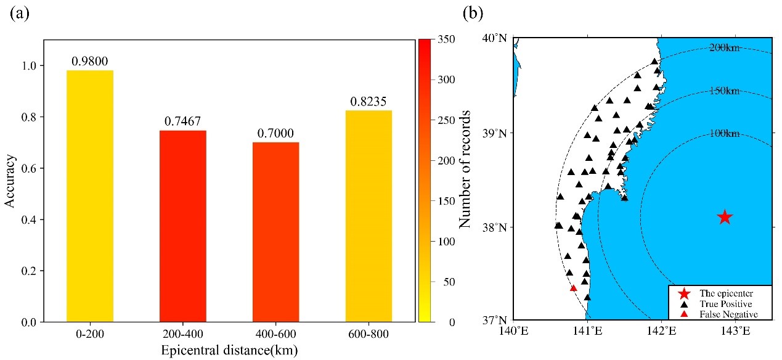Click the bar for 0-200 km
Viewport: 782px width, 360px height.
(x=89, y=196)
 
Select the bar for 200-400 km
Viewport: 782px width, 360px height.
(x=183, y=226)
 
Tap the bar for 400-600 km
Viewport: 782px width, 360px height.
(x=275, y=232)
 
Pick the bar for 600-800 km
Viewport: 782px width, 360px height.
(x=369, y=216)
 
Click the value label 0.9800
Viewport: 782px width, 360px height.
(x=89, y=61)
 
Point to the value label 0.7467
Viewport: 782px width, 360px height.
(x=183, y=121)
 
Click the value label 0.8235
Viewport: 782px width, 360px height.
(x=369, y=102)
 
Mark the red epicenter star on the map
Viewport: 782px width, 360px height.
(x=725, y=217)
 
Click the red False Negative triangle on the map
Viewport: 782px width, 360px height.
(x=573, y=288)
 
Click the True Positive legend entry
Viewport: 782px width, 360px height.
(x=725, y=304)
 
